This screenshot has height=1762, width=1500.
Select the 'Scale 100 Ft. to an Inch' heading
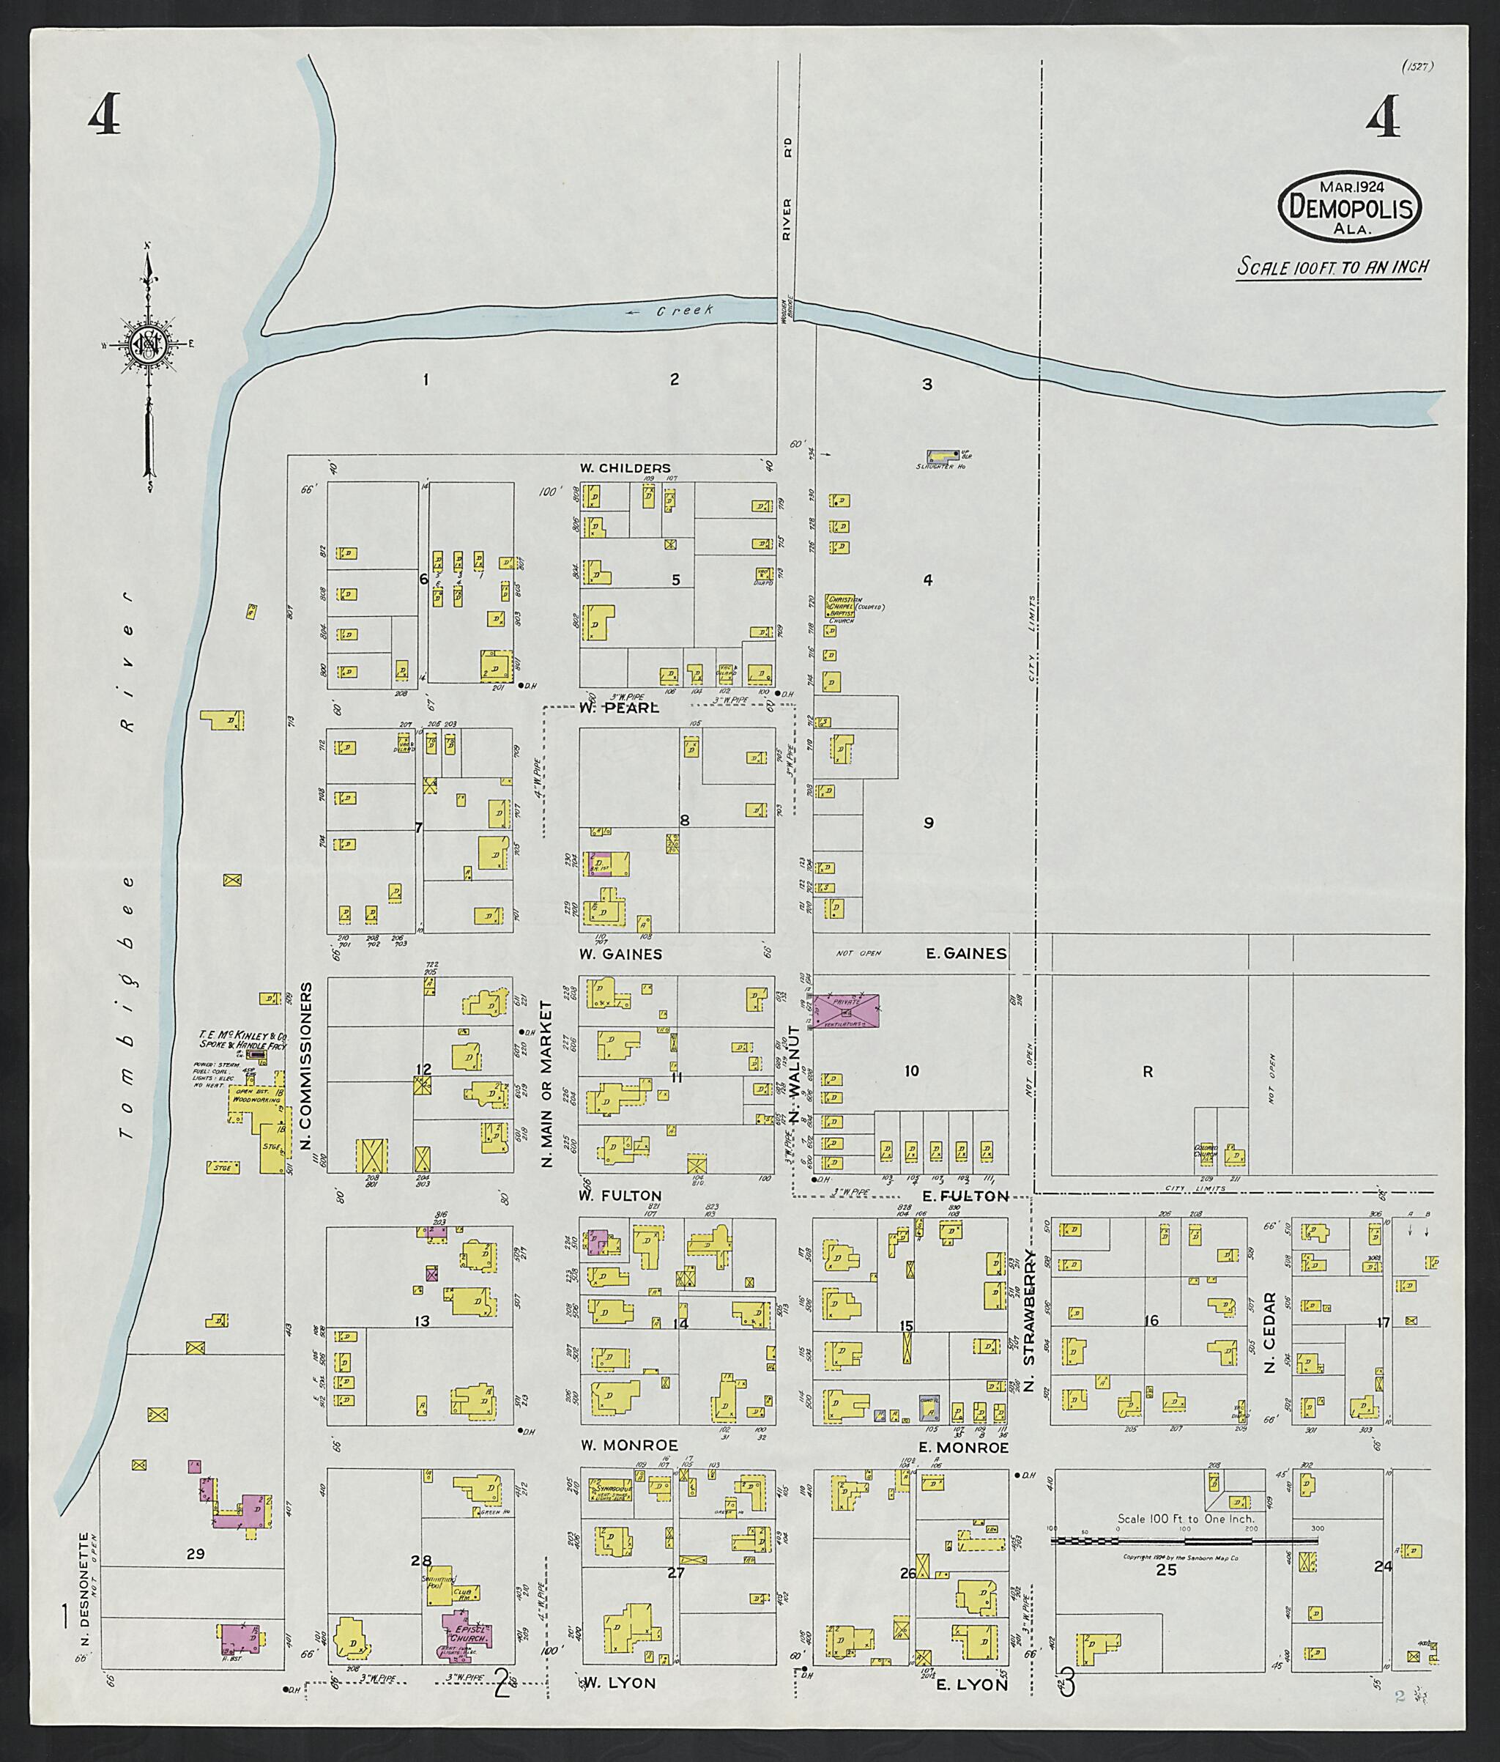[1332, 267]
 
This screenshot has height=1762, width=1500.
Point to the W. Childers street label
[625, 467]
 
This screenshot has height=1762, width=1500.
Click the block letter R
[1147, 1073]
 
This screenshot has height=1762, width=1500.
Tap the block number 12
[423, 1069]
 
